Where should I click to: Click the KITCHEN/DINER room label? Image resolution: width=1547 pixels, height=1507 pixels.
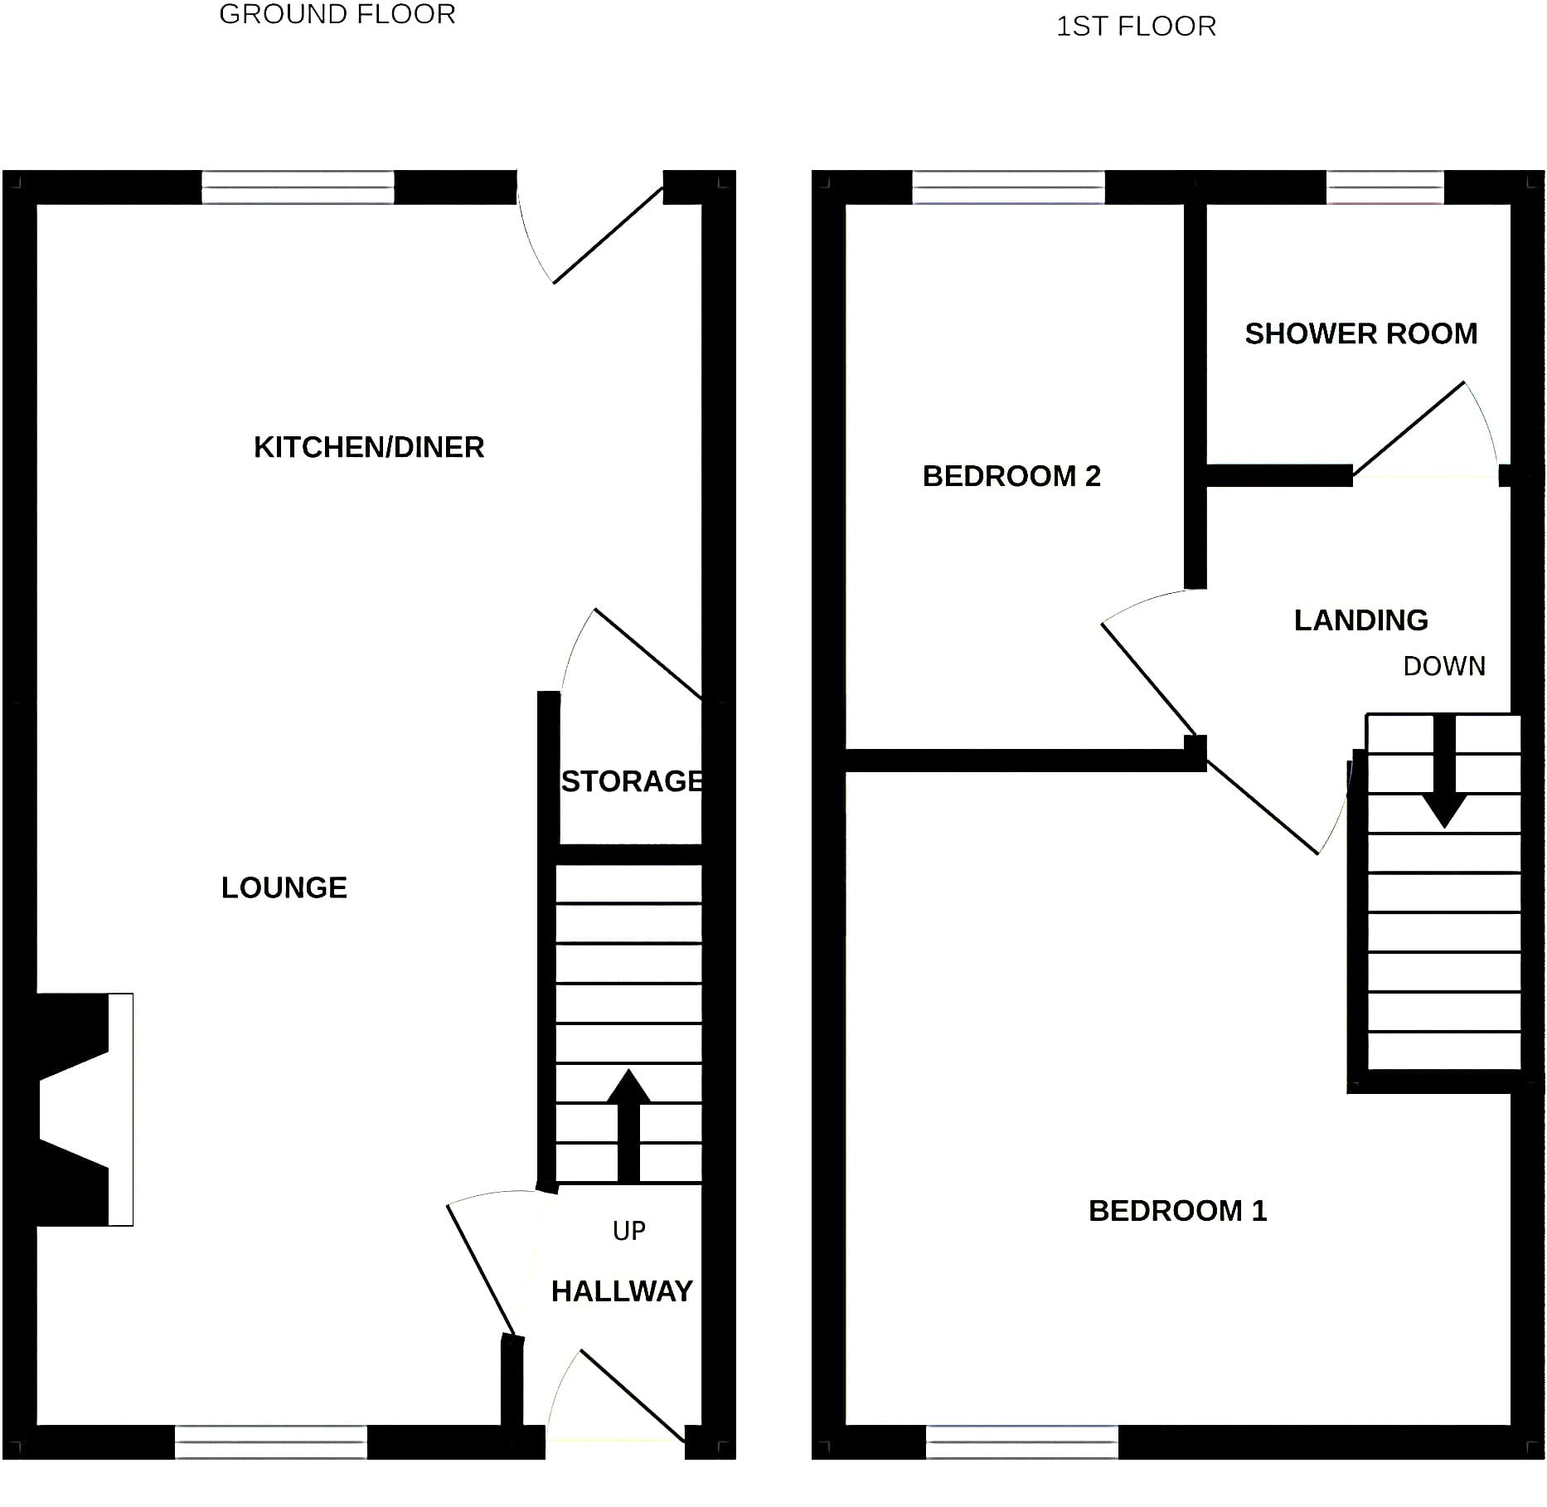[x=369, y=447]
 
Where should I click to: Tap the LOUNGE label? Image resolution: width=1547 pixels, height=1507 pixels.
[x=284, y=887]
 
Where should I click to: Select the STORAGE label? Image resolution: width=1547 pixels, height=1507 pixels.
[x=633, y=781]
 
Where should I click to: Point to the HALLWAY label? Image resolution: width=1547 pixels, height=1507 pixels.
[x=622, y=1291]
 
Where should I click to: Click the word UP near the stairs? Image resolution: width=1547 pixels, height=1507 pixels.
[x=629, y=1231]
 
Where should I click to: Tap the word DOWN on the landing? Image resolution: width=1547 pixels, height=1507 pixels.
[x=1444, y=666]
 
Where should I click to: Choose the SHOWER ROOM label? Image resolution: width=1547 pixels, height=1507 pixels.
[x=1361, y=333]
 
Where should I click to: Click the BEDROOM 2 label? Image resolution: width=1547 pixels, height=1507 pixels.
[x=1011, y=476]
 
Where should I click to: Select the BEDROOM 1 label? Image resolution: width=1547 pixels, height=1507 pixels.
[x=1178, y=1211]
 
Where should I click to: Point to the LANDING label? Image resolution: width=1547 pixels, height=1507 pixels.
[x=1361, y=620]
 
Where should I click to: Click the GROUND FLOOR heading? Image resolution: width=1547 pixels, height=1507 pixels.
[x=337, y=14]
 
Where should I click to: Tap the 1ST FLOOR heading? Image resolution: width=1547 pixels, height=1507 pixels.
[x=1136, y=27]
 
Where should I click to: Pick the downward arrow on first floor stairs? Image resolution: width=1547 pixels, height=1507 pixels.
[x=1445, y=771]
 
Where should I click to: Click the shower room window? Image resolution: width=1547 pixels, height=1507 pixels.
[x=1385, y=187]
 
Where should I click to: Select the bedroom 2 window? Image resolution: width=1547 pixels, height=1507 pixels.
[x=1009, y=187]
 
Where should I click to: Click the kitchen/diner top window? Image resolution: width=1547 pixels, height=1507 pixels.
[x=298, y=187]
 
